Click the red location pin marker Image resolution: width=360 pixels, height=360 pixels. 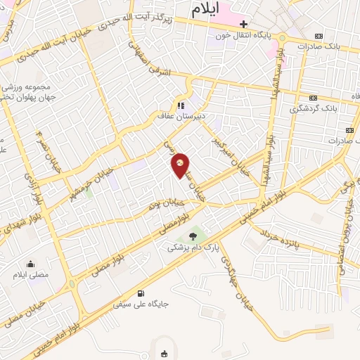pos(181,165)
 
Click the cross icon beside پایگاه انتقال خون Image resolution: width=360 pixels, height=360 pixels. pos(243,24)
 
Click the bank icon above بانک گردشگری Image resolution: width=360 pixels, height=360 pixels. pos(313,98)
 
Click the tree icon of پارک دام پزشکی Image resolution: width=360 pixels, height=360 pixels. pos(193,237)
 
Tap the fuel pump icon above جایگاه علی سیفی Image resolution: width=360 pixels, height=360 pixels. pos(141,293)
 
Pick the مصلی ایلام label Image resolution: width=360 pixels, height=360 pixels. pos(32,274)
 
